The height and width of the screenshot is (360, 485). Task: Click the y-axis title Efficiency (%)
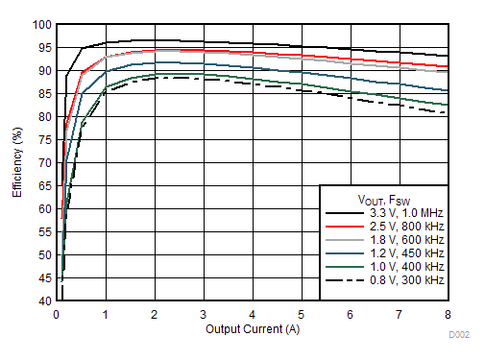[x=17, y=161]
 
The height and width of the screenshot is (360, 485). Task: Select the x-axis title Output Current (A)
[x=252, y=329]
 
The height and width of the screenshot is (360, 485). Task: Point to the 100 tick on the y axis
[x=41, y=25]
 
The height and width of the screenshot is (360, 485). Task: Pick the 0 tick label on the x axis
[x=57, y=314]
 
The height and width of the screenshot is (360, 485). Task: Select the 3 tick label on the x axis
[x=203, y=314]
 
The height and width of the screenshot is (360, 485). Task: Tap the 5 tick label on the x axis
[x=301, y=314]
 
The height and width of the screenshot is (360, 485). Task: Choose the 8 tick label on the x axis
[x=447, y=314]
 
